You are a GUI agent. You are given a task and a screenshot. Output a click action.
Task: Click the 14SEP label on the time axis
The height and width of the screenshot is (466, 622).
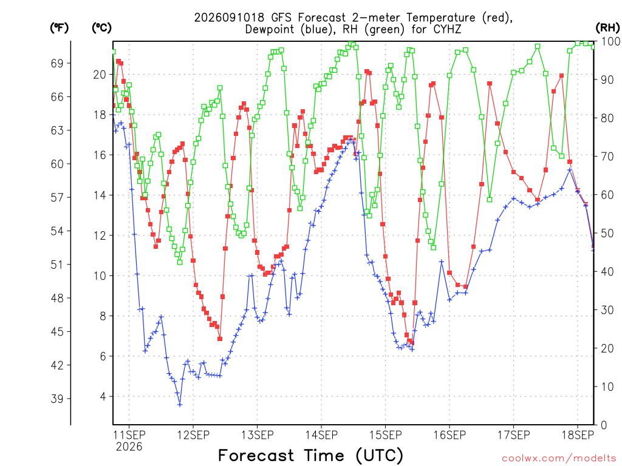click(x=321, y=435)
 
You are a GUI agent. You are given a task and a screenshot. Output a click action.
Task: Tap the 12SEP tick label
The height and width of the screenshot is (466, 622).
click(x=193, y=435)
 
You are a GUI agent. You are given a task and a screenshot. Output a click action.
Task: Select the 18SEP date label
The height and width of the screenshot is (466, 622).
click(x=578, y=435)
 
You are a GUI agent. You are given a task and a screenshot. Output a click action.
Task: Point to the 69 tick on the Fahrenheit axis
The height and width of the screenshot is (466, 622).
click(x=57, y=63)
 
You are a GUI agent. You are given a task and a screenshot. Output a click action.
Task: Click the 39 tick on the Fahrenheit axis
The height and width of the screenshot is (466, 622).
click(x=57, y=399)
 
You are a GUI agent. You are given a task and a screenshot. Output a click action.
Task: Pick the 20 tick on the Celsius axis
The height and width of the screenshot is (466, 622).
click(x=100, y=75)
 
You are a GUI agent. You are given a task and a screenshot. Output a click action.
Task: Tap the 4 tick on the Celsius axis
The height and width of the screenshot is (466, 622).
click(x=103, y=397)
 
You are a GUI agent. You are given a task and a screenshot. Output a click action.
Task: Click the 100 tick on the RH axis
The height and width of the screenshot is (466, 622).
click(x=610, y=41)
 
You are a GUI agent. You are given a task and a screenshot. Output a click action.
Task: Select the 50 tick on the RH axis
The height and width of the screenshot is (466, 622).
click(x=607, y=233)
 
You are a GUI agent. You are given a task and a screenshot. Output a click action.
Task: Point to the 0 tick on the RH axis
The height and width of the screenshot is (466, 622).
click(x=604, y=425)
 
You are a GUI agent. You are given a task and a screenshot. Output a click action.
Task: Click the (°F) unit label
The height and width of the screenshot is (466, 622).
click(x=59, y=28)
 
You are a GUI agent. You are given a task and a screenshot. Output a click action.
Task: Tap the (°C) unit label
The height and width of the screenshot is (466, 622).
click(x=101, y=28)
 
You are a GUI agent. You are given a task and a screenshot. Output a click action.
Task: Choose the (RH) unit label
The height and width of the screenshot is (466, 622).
click(x=607, y=28)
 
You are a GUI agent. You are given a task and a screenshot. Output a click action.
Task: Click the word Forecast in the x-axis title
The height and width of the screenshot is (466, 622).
click(x=256, y=455)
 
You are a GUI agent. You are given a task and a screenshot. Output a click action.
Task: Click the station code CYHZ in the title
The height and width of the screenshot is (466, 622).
click(x=447, y=29)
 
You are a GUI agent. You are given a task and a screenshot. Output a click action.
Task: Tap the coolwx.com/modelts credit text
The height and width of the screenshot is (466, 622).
click(x=559, y=459)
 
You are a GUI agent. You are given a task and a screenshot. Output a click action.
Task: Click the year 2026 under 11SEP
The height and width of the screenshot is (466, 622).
click(x=129, y=447)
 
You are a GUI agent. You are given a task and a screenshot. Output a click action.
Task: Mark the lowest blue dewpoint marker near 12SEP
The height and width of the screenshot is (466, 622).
click(x=180, y=405)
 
